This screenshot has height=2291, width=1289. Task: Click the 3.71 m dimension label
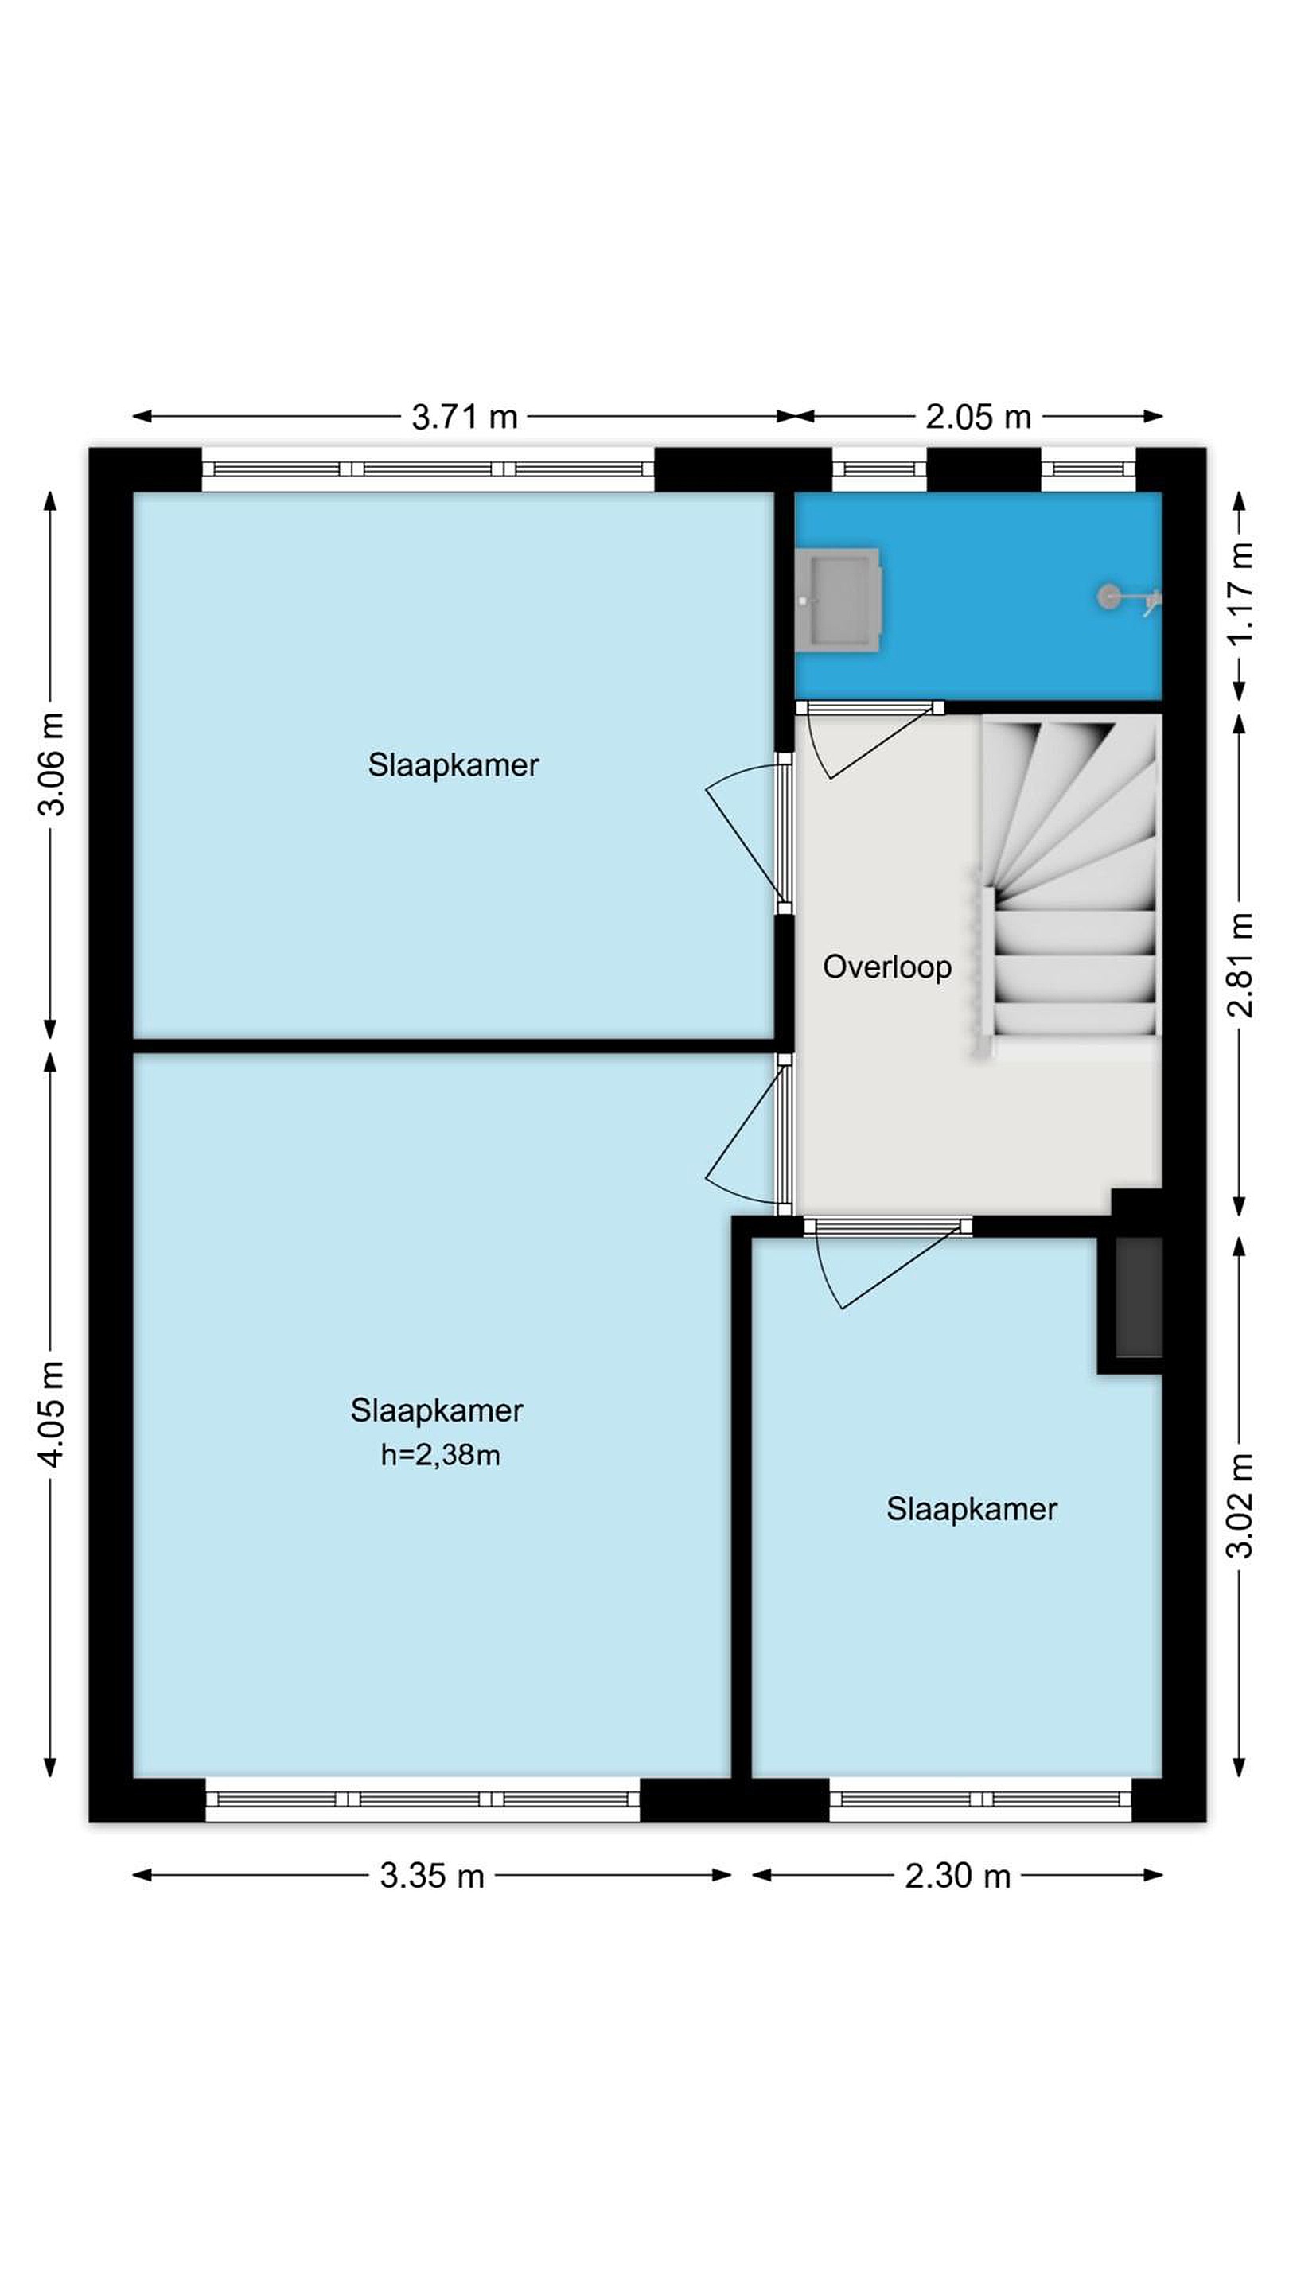pyautogui.click(x=465, y=416)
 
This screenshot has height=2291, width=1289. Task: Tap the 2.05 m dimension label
pyautogui.click(x=978, y=416)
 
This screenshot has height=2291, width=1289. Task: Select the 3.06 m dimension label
pyautogui.click(x=53, y=763)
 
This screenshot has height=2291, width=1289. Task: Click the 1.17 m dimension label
pyautogui.click(x=1240, y=593)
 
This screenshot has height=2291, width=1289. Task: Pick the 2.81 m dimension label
pyautogui.click(x=1240, y=965)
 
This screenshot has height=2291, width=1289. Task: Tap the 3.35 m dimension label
pyautogui.click(x=432, y=1876)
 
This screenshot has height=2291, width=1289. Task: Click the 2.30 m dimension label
pyautogui.click(x=958, y=1876)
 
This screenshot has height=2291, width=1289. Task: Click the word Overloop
pyautogui.click(x=887, y=967)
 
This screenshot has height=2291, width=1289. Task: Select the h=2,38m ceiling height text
pyautogui.click(x=440, y=1455)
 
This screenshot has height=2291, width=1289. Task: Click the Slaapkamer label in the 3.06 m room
pyautogui.click(x=454, y=764)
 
